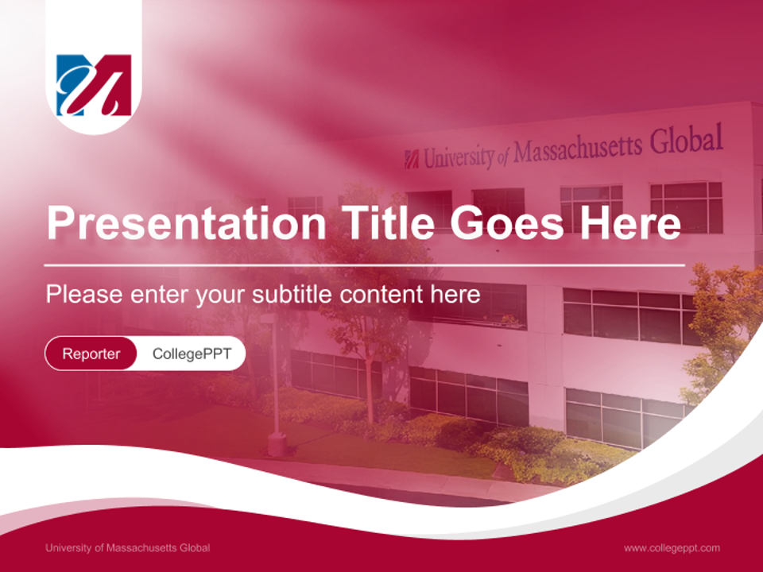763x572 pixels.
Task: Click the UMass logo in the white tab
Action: (94, 85)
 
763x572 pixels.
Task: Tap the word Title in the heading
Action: (388, 222)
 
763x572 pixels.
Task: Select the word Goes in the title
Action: (507, 222)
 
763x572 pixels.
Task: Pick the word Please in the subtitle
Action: (84, 294)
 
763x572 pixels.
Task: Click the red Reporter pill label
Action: (91, 354)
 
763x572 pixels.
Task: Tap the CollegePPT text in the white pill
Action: (192, 354)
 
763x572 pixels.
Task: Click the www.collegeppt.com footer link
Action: (672, 548)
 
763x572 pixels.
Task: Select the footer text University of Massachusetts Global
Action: (127, 547)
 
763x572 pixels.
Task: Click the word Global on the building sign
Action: (686, 140)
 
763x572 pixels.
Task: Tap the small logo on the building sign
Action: (412, 160)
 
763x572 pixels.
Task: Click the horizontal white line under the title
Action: (365, 265)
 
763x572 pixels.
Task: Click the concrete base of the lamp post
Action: (277, 445)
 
